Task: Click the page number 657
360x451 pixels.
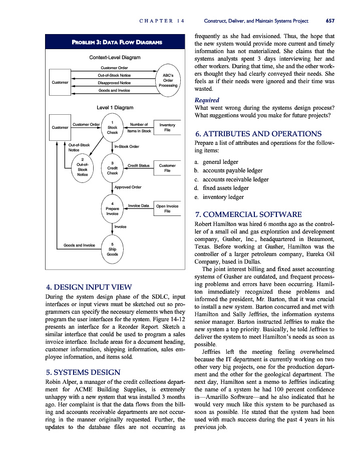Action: pyautogui.click(x=329, y=21)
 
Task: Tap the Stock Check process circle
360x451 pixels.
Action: pyautogui.click(x=113, y=127)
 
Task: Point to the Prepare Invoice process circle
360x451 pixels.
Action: pyautogui.click(x=113, y=208)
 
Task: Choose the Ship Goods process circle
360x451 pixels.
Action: pyautogui.click(x=113, y=249)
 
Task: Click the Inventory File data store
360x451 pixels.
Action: pyautogui.click(x=167, y=127)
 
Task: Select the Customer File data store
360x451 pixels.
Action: pyautogui.click(x=167, y=168)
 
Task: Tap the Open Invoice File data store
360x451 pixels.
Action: pyautogui.click(x=167, y=208)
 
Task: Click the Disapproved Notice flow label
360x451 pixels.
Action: pyautogui.click(x=114, y=83)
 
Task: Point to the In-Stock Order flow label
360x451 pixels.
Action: pyautogui.click(x=127, y=147)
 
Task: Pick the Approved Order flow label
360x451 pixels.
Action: pyautogui.click(x=128, y=187)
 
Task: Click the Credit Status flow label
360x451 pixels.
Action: pyautogui.click(x=139, y=165)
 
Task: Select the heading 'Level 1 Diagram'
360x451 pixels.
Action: pyautogui.click(x=115, y=107)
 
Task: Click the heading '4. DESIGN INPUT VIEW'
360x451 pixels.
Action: pyautogui.click(x=89, y=287)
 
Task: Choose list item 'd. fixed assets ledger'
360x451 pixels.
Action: pyautogui.click(x=221, y=188)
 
